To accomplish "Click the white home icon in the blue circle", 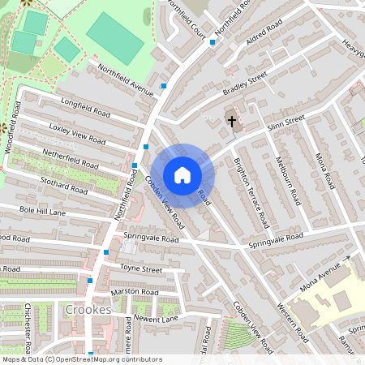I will coord(182,175).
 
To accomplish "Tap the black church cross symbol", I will coord(232,122).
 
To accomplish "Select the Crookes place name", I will coord(88,310).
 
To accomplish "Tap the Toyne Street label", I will coord(141,268).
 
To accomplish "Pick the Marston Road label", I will coord(135,292).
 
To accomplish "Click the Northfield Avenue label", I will coord(126,80).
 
